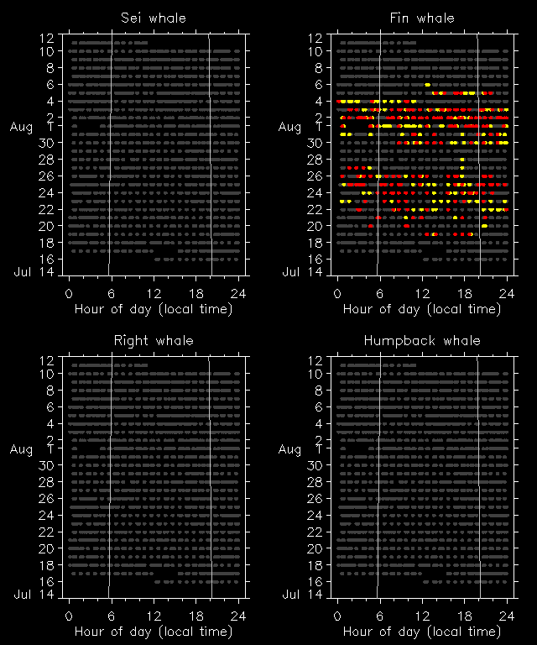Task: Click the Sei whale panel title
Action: (x=154, y=18)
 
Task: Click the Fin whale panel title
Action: (x=422, y=18)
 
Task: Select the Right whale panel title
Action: (x=154, y=340)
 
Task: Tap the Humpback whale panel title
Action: (x=422, y=340)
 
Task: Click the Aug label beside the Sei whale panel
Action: (x=21, y=127)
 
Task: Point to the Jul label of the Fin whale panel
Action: (x=290, y=271)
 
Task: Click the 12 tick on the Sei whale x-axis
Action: (x=154, y=293)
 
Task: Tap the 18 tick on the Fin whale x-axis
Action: (x=464, y=293)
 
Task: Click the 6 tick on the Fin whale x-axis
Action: (x=379, y=293)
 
